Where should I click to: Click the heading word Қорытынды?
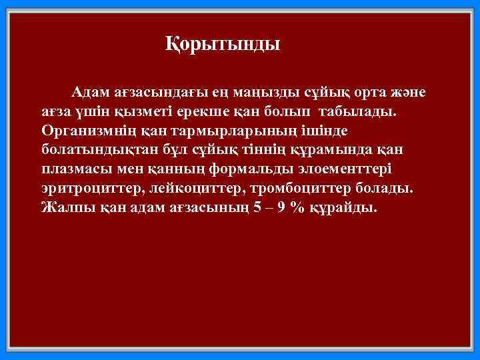click(223, 45)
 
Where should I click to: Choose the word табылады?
click(361, 110)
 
